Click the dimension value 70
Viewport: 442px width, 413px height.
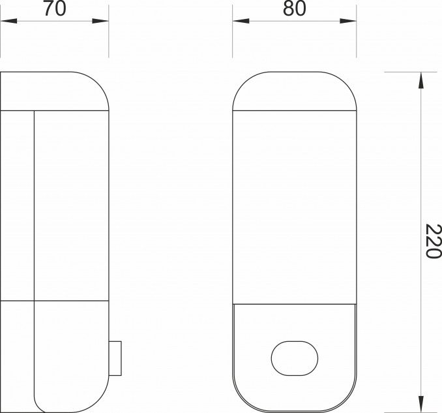click(55, 8)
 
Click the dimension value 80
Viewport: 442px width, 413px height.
click(294, 8)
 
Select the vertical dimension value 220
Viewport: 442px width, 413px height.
click(433, 241)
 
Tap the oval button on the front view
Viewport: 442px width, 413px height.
click(295, 358)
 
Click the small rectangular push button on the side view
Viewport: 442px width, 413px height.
click(115, 358)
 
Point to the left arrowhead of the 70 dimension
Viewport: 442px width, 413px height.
click(8, 21)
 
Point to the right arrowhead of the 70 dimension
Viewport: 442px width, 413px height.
click(100, 21)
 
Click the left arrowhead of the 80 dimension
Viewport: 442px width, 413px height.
click(241, 21)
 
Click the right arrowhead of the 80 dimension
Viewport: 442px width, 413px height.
click(348, 21)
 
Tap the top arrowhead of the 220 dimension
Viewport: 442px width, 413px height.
click(421, 80)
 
